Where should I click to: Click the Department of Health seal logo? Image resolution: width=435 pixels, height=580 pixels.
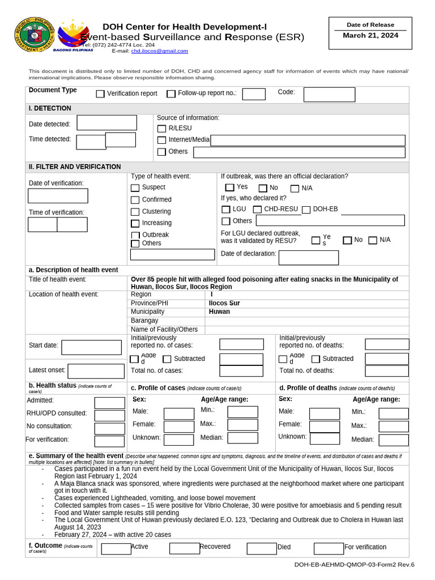tap(35, 36)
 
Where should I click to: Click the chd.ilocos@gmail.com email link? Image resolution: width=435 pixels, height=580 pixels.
tap(160, 51)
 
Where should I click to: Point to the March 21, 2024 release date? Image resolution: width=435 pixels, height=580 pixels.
tap(370, 36)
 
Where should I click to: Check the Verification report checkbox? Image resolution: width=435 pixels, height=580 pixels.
tap(100, 94)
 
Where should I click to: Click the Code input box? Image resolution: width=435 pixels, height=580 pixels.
tap(329, 95)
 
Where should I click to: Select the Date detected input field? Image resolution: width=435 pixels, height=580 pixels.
tap(106, 123)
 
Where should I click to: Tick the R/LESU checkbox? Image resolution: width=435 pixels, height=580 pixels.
tap(162, 129)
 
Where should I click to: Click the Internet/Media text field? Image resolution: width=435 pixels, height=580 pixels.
tap(308, 140)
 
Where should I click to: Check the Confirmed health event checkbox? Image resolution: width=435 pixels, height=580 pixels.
tap(135, 200)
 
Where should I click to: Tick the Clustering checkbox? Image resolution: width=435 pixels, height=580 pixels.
tap(135, 212)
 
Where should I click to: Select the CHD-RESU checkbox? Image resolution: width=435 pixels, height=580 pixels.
tap(257, 210)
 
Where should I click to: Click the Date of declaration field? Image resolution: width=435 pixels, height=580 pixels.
tap(308, 258)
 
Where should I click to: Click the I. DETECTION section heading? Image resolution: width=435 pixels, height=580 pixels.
tap(50, 108)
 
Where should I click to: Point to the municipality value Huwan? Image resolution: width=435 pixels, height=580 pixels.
tap(219, 312)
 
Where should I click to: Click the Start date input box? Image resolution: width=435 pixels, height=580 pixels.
tap(91, 347)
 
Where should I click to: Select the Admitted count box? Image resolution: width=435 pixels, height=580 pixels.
tap(109, 403)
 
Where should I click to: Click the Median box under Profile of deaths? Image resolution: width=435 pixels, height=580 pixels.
tap(393, 440)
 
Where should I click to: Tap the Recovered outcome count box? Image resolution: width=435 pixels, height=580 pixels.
tap(184, 548)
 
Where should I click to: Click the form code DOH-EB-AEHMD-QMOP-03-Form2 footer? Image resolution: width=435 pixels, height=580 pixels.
tap(354, 565)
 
